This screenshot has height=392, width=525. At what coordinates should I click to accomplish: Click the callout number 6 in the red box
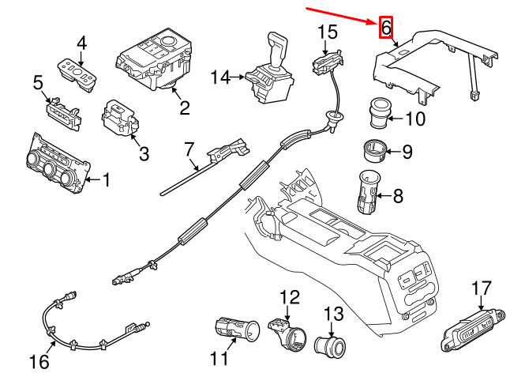386,28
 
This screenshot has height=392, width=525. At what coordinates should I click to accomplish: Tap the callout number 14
221,77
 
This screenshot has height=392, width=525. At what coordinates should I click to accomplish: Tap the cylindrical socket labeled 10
381,111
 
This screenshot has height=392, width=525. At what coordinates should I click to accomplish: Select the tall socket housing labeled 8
368,194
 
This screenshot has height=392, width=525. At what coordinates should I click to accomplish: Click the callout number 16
39,362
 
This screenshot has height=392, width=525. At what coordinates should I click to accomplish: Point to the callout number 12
291,297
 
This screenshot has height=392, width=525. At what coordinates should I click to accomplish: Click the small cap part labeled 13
329,345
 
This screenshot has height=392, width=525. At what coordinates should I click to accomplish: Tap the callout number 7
189,149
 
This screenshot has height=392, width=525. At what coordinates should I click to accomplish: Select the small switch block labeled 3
118,117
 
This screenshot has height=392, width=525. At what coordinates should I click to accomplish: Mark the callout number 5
37,82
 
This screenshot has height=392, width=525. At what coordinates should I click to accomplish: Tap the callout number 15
328,32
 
